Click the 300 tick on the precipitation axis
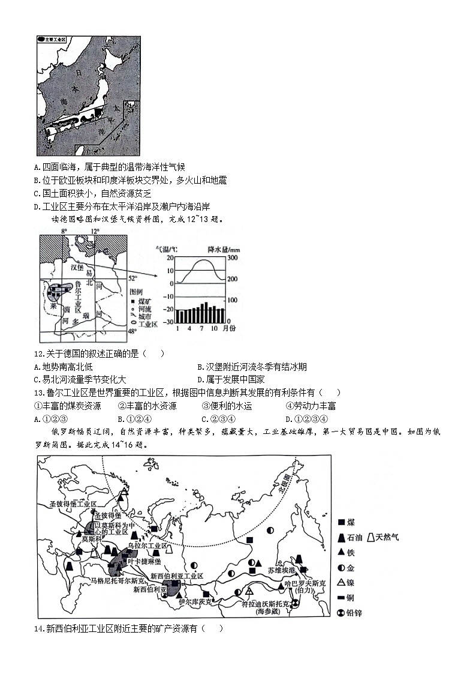point(232,257)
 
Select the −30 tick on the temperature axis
point(169,322)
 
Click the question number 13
point(40,393)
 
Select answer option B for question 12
point(200,367)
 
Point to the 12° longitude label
point(94,231)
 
